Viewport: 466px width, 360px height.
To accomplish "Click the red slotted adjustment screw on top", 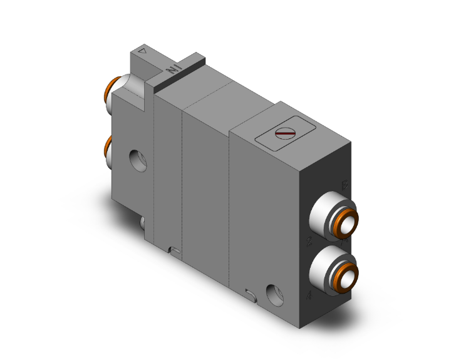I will tap(285, 133).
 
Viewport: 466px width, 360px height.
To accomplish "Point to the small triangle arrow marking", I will tap(143, 52).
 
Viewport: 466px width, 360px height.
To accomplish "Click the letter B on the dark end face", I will tap(344, 184).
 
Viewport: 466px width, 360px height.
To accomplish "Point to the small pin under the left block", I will tap(143, 222).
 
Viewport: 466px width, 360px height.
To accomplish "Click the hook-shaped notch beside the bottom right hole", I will tap(251, 292).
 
